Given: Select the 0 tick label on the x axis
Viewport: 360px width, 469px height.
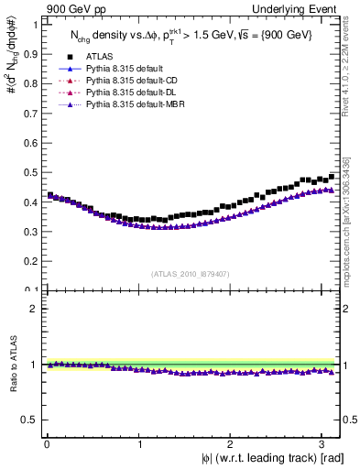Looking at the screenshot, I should [47, 444].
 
